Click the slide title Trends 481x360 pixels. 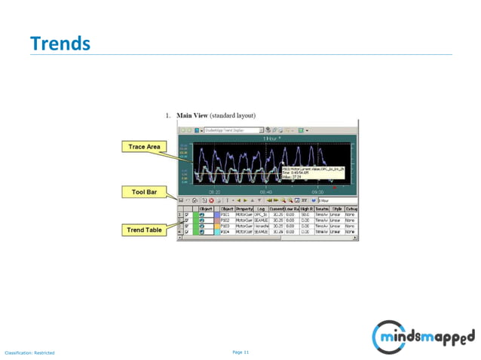(60, 44)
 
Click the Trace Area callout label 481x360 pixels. (142, 146)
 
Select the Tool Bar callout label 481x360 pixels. (144, 193)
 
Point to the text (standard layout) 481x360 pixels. (234, 116)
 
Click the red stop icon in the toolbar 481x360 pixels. (212, 200)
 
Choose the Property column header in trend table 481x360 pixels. (244, 209)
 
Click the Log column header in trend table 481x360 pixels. (261, 209)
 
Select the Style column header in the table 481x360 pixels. (337, 209)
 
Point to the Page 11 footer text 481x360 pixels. (240, 352)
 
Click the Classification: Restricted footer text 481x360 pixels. (29, 352)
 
